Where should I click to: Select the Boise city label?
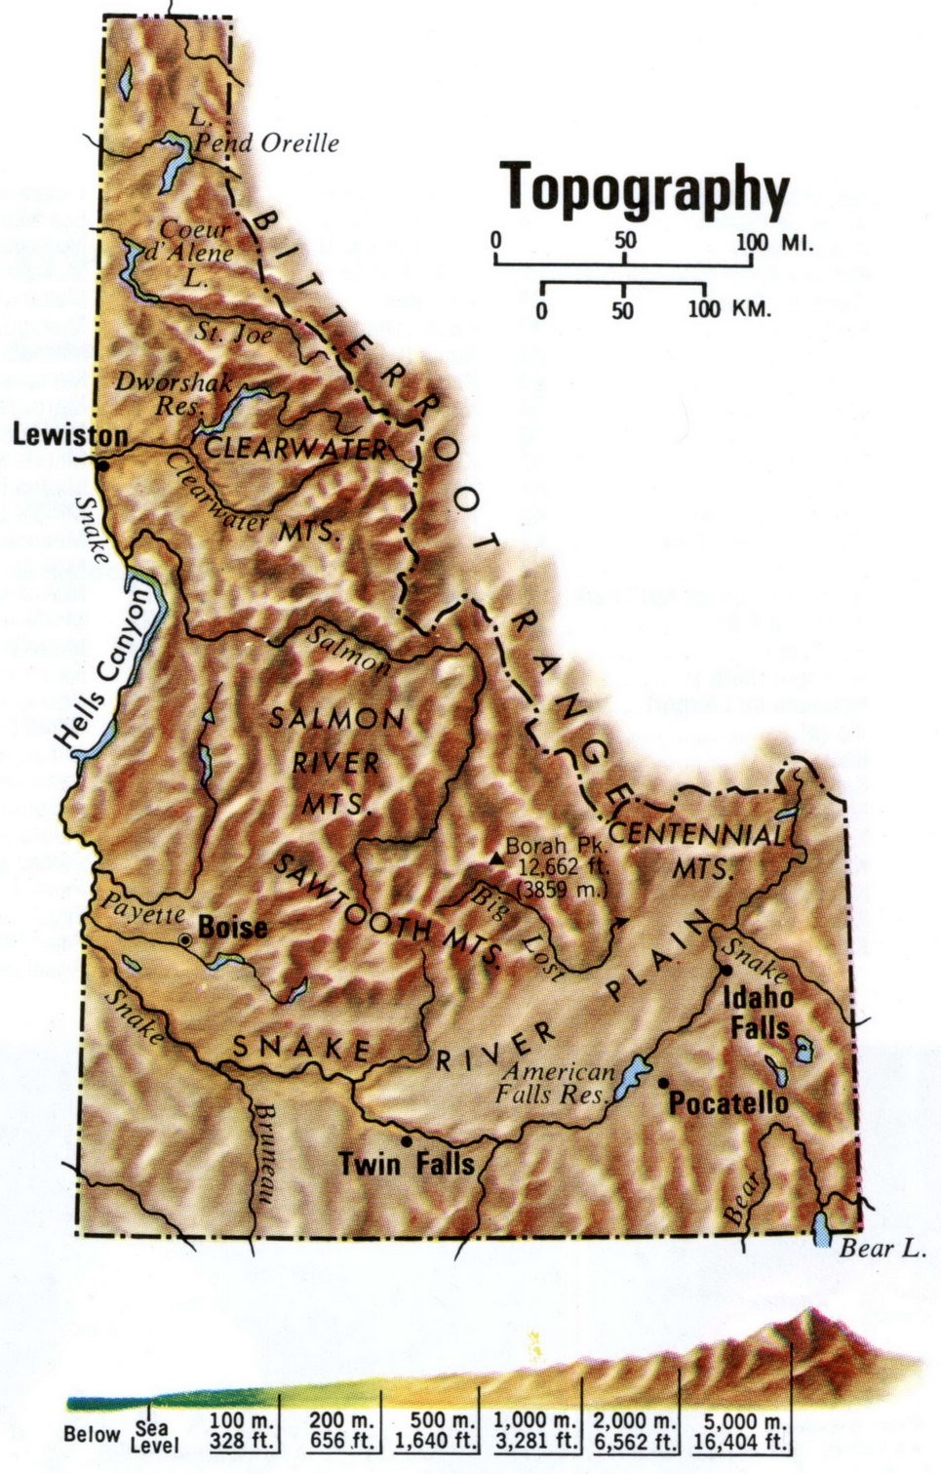coord(232,927)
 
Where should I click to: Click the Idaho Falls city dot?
coord(726,971)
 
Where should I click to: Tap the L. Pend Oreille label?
coord(263,132)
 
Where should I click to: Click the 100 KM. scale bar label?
coord(728,309)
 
